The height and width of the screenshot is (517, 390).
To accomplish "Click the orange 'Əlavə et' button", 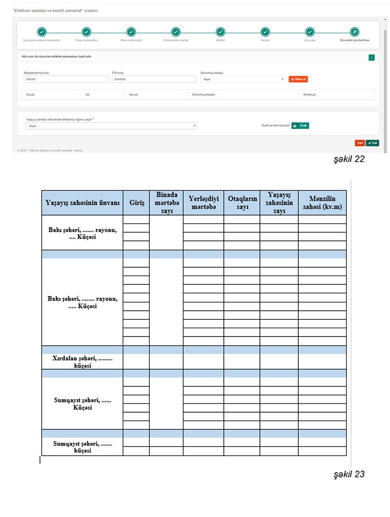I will point(298,79).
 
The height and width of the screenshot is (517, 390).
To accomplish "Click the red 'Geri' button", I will point(360,143).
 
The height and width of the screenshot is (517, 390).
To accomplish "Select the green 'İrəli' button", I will point(372,143).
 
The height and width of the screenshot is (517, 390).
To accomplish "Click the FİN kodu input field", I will point(154,79).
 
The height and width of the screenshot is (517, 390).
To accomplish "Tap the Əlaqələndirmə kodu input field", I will point(66,79).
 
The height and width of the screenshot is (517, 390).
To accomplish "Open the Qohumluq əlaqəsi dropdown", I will point(242,79).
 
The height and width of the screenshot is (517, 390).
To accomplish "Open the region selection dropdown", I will point(111,126).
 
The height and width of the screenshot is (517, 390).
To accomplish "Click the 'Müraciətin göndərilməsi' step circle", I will point(354,32).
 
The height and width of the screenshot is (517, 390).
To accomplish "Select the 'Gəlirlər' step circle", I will point(220,32).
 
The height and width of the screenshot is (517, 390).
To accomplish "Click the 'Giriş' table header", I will point(136,203).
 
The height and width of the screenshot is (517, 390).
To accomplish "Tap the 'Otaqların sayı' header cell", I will point(242,203).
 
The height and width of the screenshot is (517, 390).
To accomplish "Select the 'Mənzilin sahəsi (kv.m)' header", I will point(322,203).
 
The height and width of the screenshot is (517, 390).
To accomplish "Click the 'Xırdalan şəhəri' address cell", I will point(82,361).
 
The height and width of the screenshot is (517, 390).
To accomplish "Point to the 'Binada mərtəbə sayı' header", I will point(166,203).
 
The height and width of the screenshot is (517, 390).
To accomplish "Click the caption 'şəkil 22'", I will point(349,159).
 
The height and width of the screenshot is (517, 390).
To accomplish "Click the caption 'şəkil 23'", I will point(349,474).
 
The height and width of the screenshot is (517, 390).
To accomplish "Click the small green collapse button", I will point(372,57).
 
